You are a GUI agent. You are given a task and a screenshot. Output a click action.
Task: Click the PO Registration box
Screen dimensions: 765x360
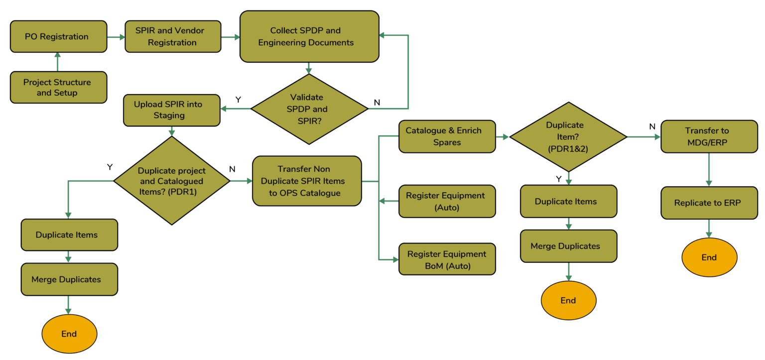[x=58, y=36]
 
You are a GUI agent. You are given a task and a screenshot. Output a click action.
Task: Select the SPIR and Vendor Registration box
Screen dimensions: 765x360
[x=173, y=36]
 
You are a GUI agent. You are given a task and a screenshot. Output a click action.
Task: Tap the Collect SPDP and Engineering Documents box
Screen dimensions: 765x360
[x=309, y=36]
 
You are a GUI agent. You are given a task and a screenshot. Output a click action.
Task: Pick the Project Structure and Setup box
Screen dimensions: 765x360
[x=58, y=88]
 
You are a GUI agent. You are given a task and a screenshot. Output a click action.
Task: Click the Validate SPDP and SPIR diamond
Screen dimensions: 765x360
[x=309, y=109]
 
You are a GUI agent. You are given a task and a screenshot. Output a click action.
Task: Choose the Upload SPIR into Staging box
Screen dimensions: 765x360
[x=172, y=111]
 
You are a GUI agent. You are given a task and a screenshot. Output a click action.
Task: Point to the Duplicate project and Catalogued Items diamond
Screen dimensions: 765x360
[x=172, y=181]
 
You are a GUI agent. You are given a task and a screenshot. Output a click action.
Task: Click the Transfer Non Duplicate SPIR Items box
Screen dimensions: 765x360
[x=307, y=181]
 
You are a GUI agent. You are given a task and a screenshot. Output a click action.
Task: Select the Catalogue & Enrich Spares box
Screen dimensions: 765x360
[x=447, y=136]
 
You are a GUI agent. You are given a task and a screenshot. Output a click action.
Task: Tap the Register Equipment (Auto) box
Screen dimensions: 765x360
[x=447, y=202]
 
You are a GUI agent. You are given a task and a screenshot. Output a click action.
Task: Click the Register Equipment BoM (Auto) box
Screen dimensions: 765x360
[x=447, y=259]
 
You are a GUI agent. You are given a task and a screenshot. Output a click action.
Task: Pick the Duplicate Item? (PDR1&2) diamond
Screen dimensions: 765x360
[x=568, y=136]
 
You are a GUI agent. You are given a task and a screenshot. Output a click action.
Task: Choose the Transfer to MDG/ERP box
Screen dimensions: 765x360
[x=709, y=136]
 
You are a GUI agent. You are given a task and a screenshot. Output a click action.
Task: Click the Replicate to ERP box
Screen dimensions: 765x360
[x=709, y=203]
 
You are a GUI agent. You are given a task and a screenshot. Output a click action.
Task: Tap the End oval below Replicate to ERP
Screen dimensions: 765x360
[x=709, y=257]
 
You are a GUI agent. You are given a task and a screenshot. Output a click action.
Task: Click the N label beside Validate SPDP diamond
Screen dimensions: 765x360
[x=377, y=103]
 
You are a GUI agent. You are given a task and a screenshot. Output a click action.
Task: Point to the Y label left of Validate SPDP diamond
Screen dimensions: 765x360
[x=238, y=100]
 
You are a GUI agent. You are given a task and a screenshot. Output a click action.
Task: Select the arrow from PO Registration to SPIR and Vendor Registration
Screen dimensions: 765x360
[x=116, y=37]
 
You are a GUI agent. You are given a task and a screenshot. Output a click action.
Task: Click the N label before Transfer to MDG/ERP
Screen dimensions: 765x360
[x=652, y=126]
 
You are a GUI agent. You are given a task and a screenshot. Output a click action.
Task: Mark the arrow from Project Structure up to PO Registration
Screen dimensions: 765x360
[x=57, y=62]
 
